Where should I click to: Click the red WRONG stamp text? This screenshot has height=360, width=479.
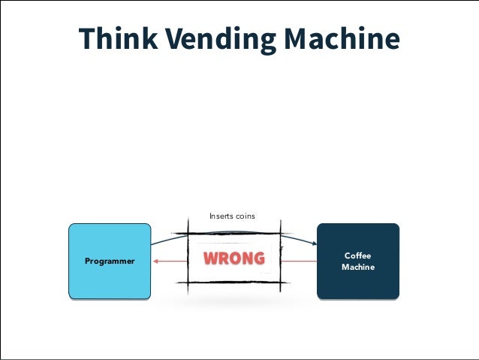(234, 259)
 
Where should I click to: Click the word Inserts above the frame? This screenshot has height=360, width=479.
(221, 216)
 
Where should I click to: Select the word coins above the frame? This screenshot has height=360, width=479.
(246, 216)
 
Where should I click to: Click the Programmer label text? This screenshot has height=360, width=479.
(110, 261)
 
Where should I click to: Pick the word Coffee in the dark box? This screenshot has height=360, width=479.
(358, 256)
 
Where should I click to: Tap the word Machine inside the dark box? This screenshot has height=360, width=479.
(358, 267)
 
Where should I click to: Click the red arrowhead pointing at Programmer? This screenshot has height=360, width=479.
(154, 261)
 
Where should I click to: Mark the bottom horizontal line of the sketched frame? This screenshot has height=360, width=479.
(233, 282)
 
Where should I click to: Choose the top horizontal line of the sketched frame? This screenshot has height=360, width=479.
(233, 233)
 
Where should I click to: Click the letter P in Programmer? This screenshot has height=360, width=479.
(87, 261)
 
